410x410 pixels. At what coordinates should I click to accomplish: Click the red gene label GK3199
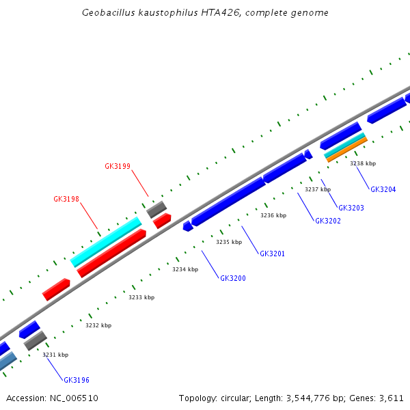pos(118,166)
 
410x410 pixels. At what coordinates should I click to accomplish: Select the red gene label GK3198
pos(66,200)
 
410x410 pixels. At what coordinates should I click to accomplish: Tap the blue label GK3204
pos(383,189)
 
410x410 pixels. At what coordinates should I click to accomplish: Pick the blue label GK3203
pos(351,208)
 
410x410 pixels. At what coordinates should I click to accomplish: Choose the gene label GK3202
pos(328,221)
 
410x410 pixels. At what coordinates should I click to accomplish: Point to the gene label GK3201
pos(272,254)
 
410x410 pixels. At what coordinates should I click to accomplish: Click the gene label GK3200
pos(233,278)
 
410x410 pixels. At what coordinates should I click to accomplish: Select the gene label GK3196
pos(77,380)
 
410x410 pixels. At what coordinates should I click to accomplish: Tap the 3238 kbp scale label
pos(363,163)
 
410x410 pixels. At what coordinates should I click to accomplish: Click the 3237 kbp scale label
pos(318,189)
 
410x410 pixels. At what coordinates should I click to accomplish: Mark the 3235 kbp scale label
pos(229,242)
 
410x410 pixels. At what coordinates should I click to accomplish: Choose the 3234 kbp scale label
pos(185,269)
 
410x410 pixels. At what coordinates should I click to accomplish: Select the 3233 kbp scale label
pos(141,297)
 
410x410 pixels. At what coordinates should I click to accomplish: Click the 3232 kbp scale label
pos(98,325)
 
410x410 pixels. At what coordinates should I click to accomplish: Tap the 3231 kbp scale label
pos(55,355)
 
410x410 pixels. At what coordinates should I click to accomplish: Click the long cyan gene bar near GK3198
pos(106,242)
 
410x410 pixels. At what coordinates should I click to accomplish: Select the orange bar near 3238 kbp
pos(346,150)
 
